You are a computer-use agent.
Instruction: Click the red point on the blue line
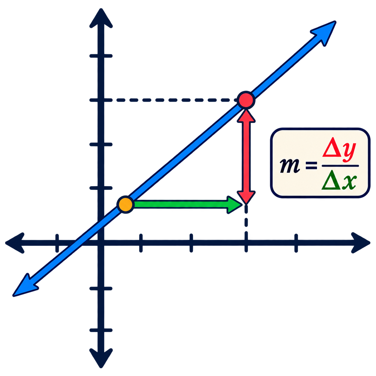click(x=246, y=100)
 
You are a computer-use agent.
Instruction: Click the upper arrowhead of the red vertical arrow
click(x=246, y=116)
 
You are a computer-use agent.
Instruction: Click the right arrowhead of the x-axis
click(x=361, y=243)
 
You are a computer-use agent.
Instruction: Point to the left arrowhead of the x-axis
click(x=15, y=243)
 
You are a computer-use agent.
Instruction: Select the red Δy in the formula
click(x=339, y=151)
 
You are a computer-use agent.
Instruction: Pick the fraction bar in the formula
click(x=340, y=166)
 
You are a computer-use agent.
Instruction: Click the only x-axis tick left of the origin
click(x=57, y=243)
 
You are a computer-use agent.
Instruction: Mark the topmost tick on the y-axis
click(x=101, y=56)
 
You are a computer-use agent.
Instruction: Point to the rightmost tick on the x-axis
click(x=296, y=243)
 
